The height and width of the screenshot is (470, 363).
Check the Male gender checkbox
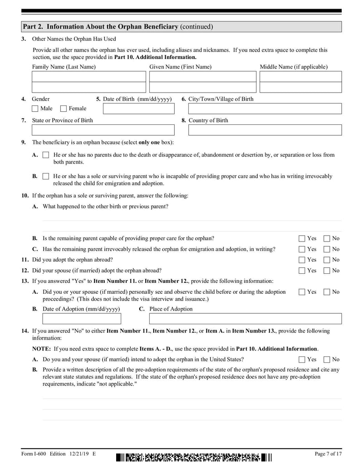[35, 109]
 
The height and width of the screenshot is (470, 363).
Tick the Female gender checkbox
[64, 109]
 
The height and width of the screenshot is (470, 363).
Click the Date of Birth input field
[138, 109]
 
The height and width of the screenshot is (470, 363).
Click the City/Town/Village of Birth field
[265, 109]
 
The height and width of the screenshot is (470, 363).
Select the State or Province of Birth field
[103, 130]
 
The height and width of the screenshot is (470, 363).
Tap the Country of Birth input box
[265, 130]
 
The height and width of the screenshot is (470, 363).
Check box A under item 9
[45, 155]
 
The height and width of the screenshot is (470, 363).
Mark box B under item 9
[45, 176]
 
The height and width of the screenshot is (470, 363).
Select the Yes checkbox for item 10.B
[302, 238]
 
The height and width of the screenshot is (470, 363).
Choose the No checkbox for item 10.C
[327, 249]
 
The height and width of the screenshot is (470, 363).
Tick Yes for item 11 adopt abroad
[302, 260]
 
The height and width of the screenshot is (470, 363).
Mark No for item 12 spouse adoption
[327, 271]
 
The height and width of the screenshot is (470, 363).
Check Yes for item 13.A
[302, 292]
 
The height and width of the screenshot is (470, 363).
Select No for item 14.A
[327, 359]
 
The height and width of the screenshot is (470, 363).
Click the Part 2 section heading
[117, 27]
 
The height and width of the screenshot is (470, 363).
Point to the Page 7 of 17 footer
[328, 454]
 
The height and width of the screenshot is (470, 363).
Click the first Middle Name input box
[300, 76]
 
